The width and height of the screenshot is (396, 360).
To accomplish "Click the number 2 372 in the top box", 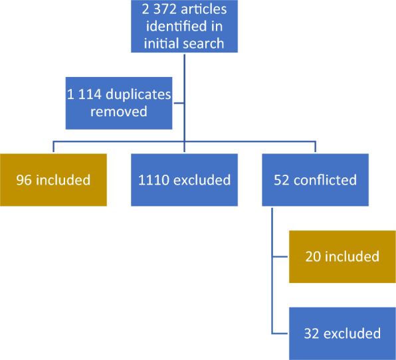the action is [159, 9].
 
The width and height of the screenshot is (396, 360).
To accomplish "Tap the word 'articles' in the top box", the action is [204, 9].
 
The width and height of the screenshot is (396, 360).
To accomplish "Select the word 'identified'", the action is [177, 27].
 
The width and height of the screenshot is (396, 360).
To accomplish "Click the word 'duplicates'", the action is [138, 95].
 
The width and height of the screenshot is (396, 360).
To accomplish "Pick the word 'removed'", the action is [119, 112].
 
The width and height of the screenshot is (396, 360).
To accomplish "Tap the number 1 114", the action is [84, 94].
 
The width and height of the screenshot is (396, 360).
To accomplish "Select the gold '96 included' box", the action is [53, 180].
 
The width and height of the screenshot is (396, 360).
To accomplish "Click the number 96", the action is [24, 180].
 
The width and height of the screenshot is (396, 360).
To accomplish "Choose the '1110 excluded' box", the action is [184, 180].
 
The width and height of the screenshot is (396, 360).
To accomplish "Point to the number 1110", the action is [153, 180].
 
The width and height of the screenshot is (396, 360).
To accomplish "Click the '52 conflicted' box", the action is [315, 180].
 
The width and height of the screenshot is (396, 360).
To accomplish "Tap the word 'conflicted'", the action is [326, 180].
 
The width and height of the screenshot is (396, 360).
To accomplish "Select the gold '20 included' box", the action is [342, 256].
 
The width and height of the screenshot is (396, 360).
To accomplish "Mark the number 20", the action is [313, 257].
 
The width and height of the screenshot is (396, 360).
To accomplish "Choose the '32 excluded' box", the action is [342, 333].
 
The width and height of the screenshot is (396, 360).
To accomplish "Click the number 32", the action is [312, 333].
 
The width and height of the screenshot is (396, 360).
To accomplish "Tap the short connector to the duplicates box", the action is [179, 103].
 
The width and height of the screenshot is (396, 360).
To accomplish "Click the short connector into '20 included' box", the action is [280, 257].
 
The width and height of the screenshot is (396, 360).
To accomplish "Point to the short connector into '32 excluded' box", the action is [280, 333].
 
